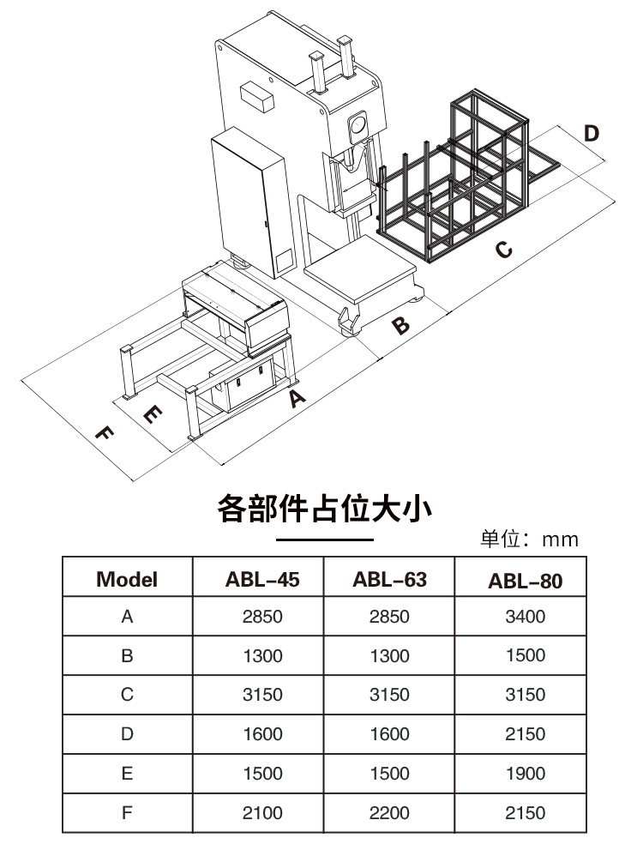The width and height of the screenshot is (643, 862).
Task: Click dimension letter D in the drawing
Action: click(x=591, y=134)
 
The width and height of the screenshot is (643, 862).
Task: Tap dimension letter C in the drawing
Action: click(x=505, y=250)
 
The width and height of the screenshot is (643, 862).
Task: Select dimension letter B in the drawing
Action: click(x=401, y=326)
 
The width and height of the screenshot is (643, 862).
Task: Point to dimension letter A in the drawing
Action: click(x=297, y=398)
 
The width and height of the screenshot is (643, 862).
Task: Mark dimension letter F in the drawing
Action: click(x=102, y=434)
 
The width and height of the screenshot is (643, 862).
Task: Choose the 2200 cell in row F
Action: click(x=389, y=812)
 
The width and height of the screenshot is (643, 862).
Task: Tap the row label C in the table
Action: click(x=127, y=695)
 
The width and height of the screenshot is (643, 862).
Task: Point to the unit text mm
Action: click(x=561, y=540)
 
